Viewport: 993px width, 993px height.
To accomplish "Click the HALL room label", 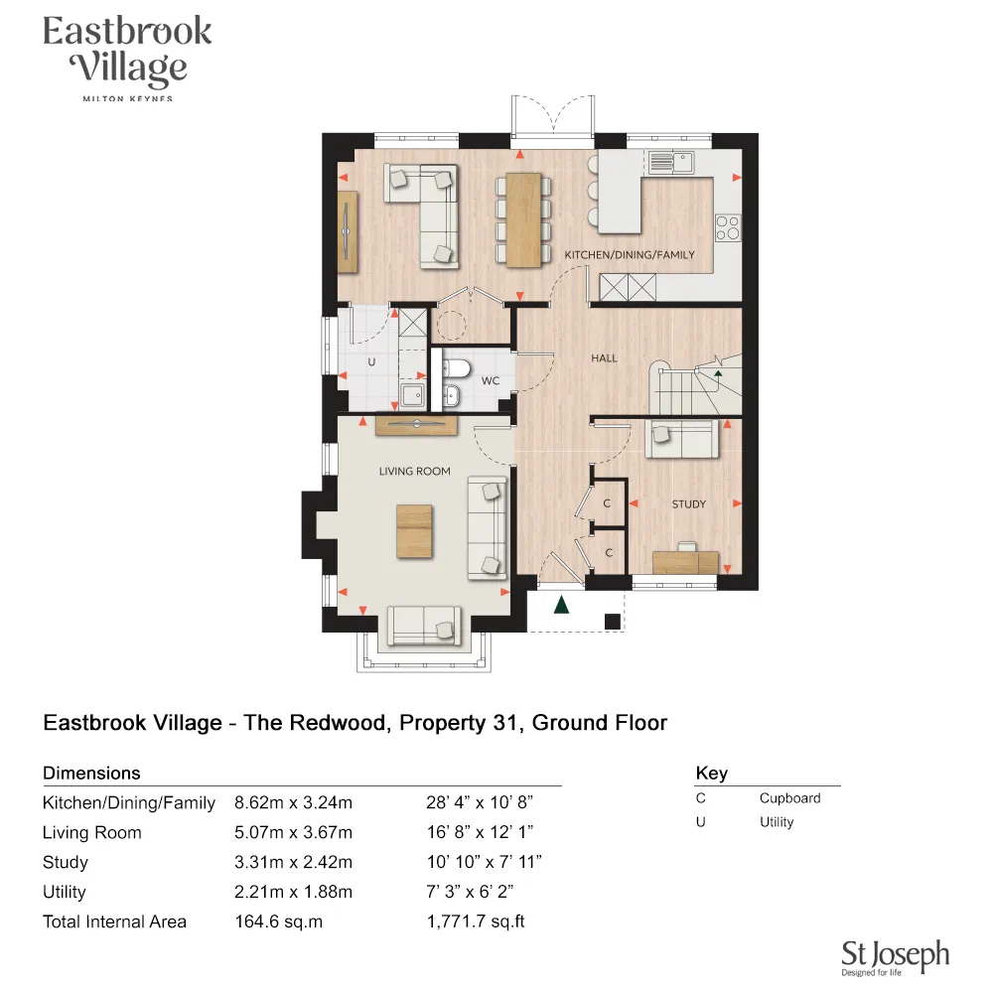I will (604, 358).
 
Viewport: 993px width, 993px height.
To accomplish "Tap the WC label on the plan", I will (490, 380).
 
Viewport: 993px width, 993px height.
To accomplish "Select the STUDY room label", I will (688, 504).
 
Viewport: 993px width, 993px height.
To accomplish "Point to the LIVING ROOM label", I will (414, 472).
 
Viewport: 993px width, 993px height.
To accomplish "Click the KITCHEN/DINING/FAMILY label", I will (630, 255).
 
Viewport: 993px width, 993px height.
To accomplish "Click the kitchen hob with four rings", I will (728, 227).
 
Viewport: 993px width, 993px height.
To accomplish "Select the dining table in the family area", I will (524, 219).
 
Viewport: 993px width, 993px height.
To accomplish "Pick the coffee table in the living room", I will (414, 530).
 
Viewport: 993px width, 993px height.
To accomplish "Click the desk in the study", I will (685, 561).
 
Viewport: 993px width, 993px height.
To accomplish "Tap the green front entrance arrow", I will (561, 604).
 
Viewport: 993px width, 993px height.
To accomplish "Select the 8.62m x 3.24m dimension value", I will (293, 802).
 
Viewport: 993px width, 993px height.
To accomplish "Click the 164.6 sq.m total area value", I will (278, 922).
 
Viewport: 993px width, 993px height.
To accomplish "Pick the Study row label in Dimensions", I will (66, 862).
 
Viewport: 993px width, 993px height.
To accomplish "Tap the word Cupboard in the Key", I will (789, 798).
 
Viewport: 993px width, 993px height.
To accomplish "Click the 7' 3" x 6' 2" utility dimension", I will (469, 892).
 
